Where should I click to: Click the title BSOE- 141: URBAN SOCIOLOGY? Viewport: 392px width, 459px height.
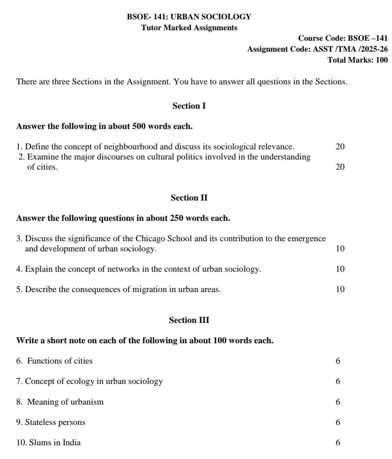click(x=189, y=17)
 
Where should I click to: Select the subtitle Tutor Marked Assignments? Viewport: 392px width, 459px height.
click(x=189, y=28)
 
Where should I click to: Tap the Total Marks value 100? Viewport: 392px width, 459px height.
click(x=381, y=60)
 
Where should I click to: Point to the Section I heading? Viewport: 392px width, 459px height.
click(x=189, y=106)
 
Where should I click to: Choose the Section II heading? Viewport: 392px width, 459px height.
click(x=189, y=198)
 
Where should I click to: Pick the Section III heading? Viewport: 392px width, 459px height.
click(x=189, y=320)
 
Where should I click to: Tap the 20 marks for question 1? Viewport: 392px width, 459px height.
click(x=340, y=147)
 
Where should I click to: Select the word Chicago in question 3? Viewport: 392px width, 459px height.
click(x=150, y=239)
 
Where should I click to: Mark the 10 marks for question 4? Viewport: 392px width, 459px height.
click(x=340, y=269)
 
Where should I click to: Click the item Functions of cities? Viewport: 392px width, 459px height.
click(x=60, y=361)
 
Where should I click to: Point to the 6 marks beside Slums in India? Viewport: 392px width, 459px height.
click(x=338, y=443)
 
